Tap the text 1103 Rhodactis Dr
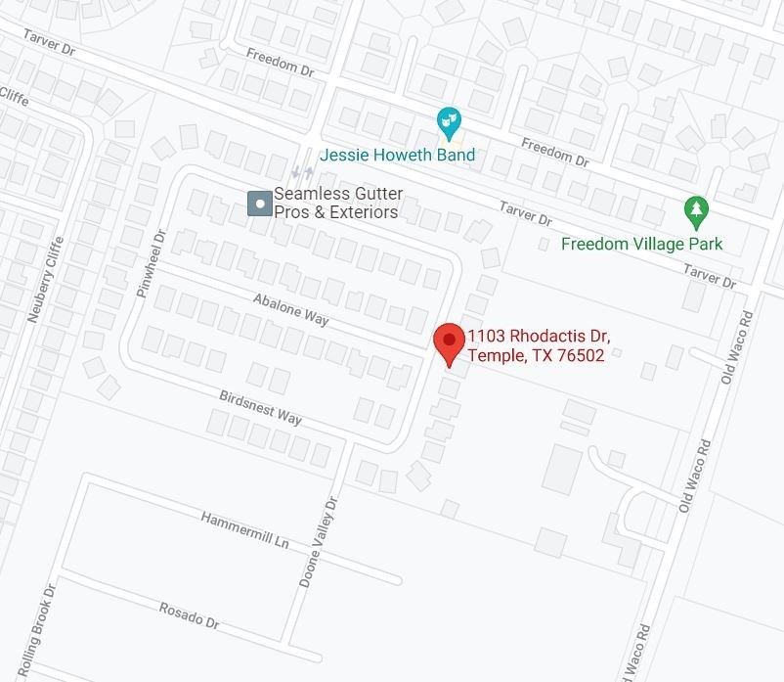(x=544, y=337)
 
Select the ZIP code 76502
(x=580, y=356)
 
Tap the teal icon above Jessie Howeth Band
(x=450, y=122)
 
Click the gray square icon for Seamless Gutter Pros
(x=258, y=203)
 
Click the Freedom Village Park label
(x=641, y=243)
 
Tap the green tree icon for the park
(x=695, y=208)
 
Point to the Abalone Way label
(x=290, y=309)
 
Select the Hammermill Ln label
(x=246, y=529)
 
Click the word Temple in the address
(x=496, y=356)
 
